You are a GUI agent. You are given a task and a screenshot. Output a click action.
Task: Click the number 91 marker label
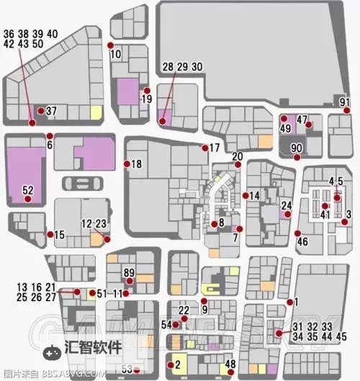point(345,102)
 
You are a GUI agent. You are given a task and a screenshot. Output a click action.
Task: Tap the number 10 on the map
point(115,55)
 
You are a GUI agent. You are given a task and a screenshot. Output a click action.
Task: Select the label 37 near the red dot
point(51,112)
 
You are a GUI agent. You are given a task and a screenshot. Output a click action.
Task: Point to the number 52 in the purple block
point(28,190)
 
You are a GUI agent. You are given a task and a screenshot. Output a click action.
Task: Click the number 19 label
point(148,99)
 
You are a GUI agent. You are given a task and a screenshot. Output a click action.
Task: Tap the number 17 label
point(214,148)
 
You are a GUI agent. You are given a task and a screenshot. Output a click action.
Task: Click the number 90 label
point(296,148)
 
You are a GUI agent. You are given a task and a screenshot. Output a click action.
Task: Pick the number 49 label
point(285,128)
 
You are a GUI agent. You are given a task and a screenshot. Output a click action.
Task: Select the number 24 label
point(287,205)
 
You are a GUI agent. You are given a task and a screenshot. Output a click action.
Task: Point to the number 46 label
point(302,241)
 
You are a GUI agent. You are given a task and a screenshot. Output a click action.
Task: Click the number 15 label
point(60,234)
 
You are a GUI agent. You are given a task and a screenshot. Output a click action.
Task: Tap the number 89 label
point(129,272)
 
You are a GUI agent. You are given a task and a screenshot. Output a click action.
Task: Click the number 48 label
point(230,364)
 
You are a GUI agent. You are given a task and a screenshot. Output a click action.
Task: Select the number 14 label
point(253,195)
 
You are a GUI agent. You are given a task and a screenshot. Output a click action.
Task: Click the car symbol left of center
point(77,182)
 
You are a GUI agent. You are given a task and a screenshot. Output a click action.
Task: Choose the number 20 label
point(238,157)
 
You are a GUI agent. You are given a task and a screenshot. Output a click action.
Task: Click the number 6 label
point(50,145)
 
